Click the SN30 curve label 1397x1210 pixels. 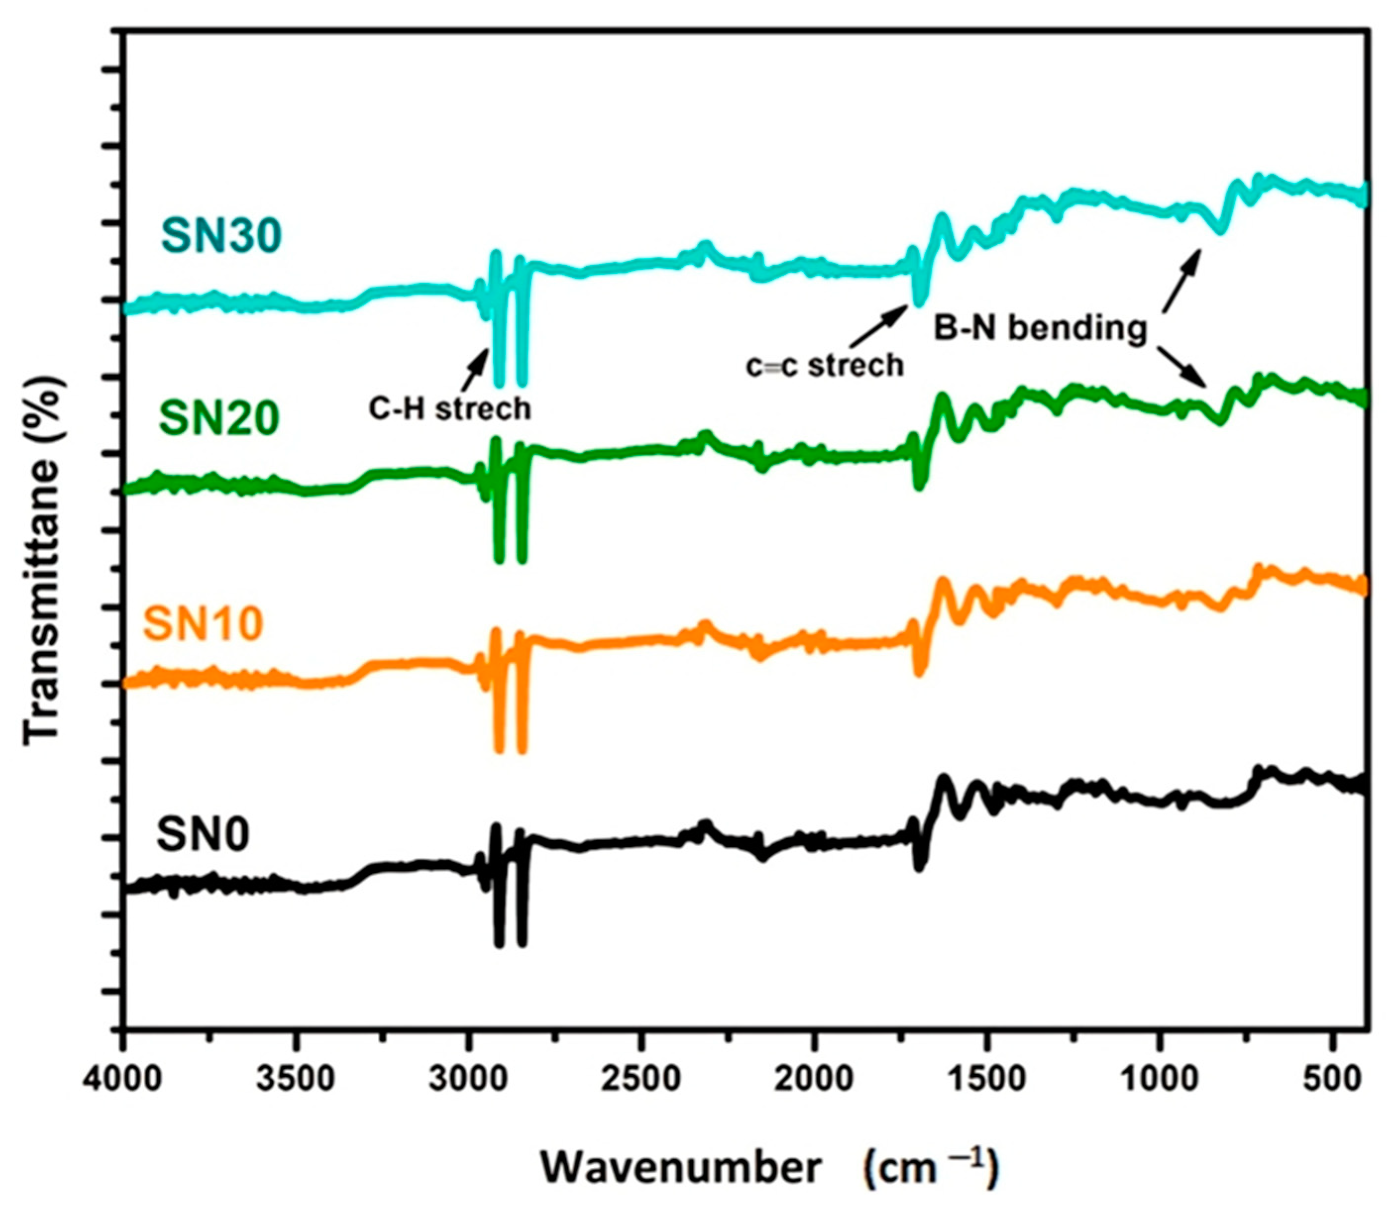221,236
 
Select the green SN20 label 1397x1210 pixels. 219,419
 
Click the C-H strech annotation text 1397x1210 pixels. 450,408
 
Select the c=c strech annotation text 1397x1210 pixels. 825,365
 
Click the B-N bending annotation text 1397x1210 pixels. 1040,329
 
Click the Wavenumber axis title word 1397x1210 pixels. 682,1167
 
